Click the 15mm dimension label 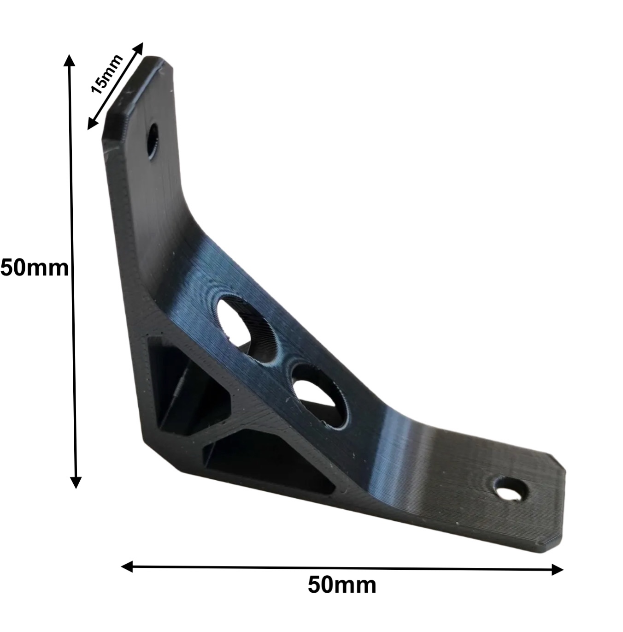(x=107, y=74)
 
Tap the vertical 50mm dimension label (x=35, y=268)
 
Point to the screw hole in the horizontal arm (x=511, y=490)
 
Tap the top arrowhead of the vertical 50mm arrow (x=69, y=60)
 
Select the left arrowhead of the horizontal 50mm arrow (x=127, y=566)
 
